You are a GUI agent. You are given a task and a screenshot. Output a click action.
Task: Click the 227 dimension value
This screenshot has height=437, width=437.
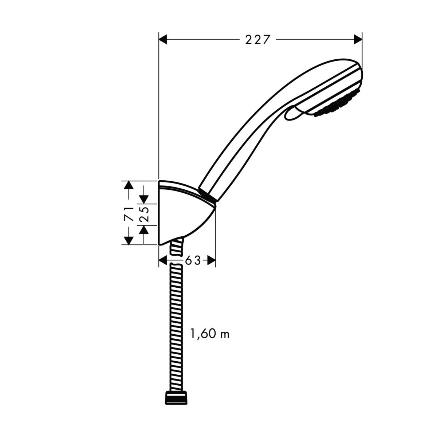(x=258, y=39)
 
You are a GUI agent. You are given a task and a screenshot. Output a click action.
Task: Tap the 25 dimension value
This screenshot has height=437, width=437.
(x=144, y=214)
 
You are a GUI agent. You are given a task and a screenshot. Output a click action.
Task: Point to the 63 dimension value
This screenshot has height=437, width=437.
(x=193, y=261)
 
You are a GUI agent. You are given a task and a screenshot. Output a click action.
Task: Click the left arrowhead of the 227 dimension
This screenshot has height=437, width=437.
(x=163, y=39)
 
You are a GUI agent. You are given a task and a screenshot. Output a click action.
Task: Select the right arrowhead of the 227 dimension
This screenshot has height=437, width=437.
(x=358, y=39)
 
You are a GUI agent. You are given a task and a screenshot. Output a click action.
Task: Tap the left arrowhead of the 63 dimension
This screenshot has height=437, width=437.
(x=164, y=260)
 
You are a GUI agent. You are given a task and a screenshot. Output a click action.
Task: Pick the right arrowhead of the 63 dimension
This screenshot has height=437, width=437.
(x=211, y=260)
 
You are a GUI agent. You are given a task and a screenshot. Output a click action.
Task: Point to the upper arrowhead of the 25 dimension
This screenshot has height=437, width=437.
(x=144, y=199)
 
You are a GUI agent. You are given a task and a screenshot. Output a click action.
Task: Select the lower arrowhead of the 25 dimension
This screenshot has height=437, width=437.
(x=144, y=230)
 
